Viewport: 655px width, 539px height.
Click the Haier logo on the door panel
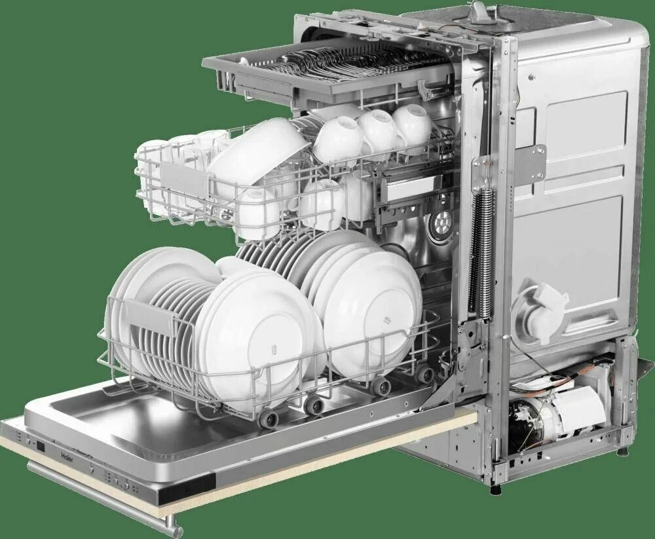pyautogui.click(x=67, y=453)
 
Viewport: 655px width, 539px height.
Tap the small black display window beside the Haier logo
pyautogui.click(x=41, y=447)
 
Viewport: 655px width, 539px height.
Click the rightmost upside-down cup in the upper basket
pyautogui.click(x=412, y=124)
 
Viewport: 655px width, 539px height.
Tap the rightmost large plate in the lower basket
pyautogui.click(x=373, y=308)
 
